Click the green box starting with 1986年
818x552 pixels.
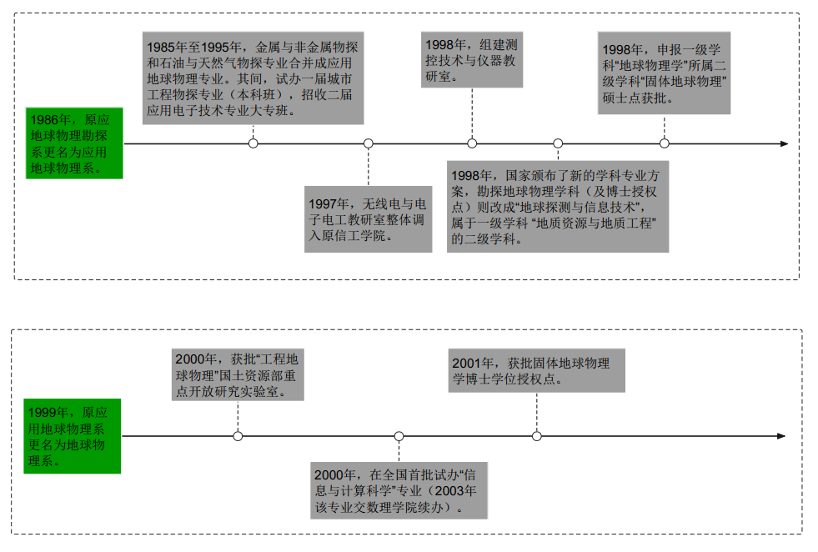pos(74,143)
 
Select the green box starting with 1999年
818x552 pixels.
pos(73,436)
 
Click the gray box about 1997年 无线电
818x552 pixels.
pos(368,219)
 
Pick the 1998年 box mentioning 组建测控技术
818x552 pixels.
pos(472,60)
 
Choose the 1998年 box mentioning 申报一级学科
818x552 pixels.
pos(664,73)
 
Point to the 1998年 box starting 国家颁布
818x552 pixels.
pos(558,207)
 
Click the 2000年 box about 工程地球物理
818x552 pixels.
pos(238,375)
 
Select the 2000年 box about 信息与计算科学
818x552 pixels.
pos(399,490)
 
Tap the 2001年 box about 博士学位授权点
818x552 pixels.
pos(536,370)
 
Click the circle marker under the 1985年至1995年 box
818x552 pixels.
pos(253,143)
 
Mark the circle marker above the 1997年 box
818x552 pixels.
pos(368,143)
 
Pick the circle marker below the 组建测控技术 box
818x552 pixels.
pos(472,143)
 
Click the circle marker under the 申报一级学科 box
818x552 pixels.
pos(665,143)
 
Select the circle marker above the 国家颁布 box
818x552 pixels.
pos(558,143)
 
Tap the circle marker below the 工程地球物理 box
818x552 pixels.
pos(238,436)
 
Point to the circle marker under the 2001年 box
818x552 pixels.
pos(536,436)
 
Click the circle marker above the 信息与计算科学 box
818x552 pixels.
pos(399,436)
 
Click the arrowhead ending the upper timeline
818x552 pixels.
pos(784,143)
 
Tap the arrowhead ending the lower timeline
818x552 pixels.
pos(781,436)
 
